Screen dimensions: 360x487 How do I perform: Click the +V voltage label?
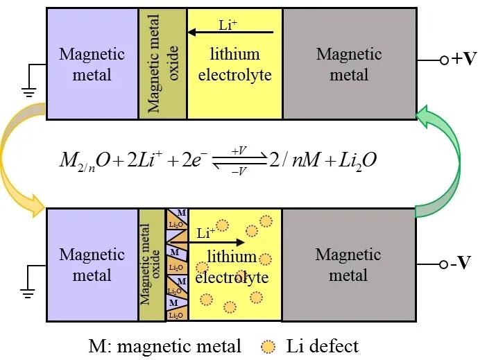(464, 59)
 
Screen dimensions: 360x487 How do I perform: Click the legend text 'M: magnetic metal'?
(165, 345)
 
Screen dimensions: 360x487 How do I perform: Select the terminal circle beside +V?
(444, 60)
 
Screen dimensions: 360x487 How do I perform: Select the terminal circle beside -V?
(444, 264)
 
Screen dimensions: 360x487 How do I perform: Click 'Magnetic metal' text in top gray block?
(349, 64)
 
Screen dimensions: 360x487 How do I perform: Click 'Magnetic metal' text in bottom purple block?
(92, 264)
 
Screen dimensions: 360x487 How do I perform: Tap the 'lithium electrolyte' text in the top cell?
(234, 64)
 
